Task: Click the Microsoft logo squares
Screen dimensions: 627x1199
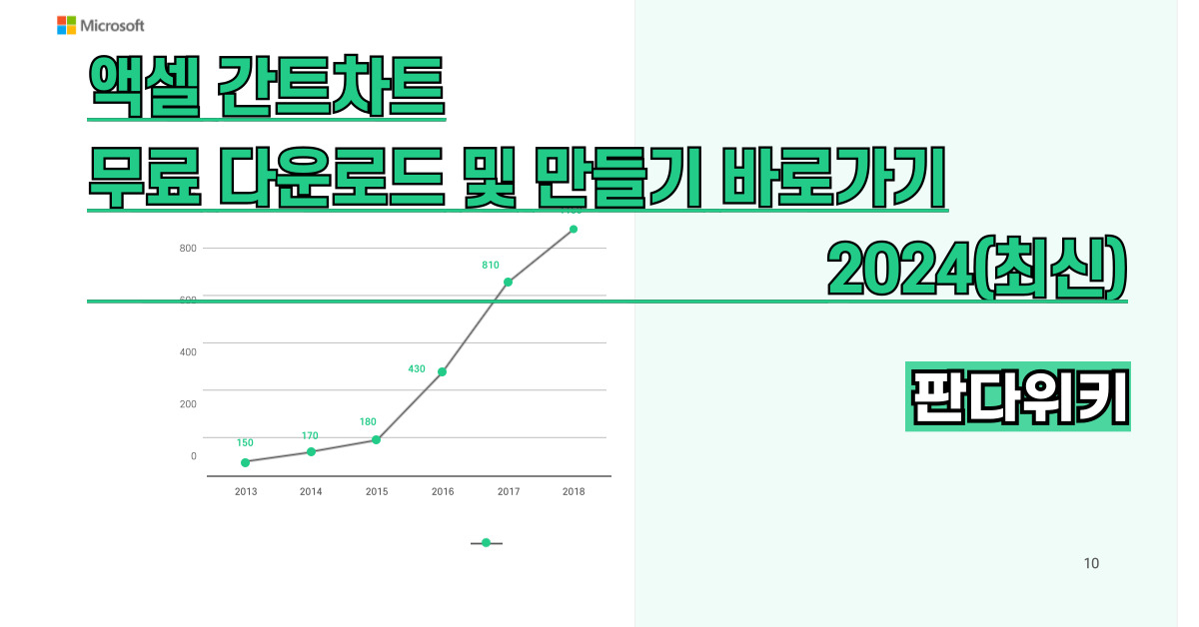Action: point(67,25)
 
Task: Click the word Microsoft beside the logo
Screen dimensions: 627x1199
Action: point(112,26)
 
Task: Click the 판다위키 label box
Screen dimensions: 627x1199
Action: point(1017,396)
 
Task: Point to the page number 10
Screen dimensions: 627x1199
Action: point(1091,564)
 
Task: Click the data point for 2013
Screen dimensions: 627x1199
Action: point(246,462)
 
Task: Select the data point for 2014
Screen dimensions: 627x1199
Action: point(312,451)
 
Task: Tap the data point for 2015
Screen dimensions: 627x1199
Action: point(377,439)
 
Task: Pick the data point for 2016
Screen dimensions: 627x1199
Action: point(443,371)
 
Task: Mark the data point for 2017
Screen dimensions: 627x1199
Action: point(509,282)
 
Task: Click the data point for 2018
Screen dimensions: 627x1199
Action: point(574,229)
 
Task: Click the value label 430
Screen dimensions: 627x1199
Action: point(417,369)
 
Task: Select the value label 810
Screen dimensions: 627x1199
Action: point(491,266)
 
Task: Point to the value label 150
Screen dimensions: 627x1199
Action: point(245,442)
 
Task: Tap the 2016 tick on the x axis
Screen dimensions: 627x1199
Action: point(443,491)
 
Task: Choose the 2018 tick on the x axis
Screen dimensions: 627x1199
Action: point(574,491)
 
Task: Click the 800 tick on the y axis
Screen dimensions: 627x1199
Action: point(188,248)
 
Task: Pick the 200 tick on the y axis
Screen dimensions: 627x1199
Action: point(188,404)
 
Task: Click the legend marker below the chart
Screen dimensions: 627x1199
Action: point(487,543)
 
